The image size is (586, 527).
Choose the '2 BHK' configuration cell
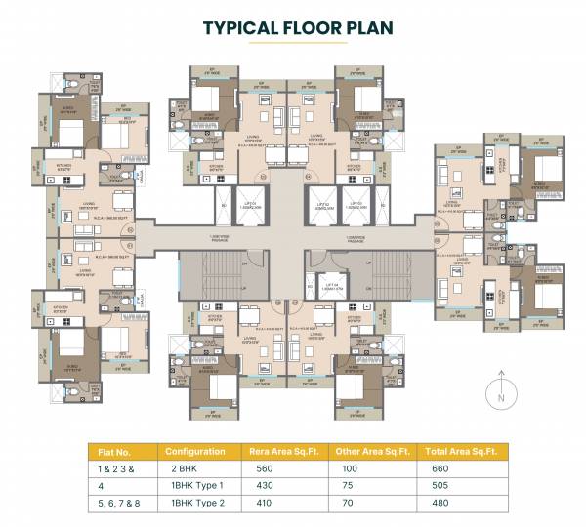[181, 469]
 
